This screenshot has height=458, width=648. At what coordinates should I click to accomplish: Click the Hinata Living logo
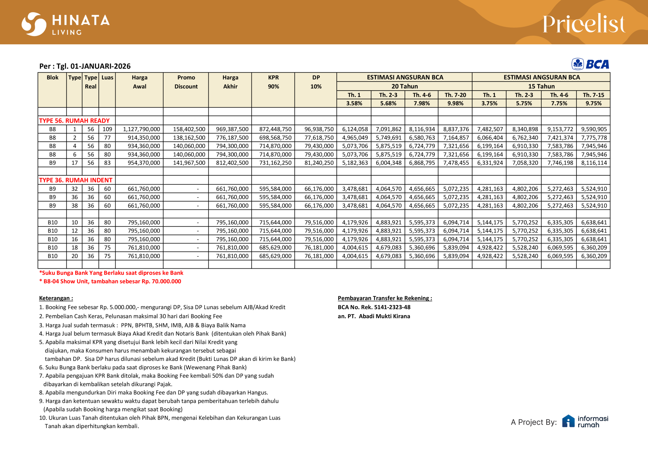(66, 24)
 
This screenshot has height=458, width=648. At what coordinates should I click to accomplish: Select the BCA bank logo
(590, 64)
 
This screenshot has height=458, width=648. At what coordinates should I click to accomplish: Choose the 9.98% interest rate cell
(455, 103)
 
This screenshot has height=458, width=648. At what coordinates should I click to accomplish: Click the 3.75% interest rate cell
(489, 103)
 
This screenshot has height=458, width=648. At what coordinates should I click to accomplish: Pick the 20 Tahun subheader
(404, 86)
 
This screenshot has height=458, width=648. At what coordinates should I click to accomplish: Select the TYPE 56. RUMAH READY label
(74, 120)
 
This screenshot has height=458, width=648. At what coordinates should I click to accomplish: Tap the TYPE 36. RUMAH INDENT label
(76, 180)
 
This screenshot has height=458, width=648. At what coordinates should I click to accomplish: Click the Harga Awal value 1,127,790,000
(141, 129)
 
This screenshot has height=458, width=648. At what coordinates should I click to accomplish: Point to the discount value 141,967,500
(189, 163)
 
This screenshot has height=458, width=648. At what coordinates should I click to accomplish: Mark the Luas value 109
(107, 129)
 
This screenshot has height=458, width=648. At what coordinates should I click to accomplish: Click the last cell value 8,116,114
(594, 163)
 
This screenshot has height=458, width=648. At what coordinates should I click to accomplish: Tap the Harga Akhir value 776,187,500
(232, 138)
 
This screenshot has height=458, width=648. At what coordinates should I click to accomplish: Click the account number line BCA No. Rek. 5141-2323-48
(374, 307)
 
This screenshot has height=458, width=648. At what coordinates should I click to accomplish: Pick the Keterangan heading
(56, 298)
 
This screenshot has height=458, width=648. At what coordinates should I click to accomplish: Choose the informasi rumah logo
(585, 422)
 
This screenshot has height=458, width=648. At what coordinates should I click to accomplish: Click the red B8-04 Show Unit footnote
(110, 281)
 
